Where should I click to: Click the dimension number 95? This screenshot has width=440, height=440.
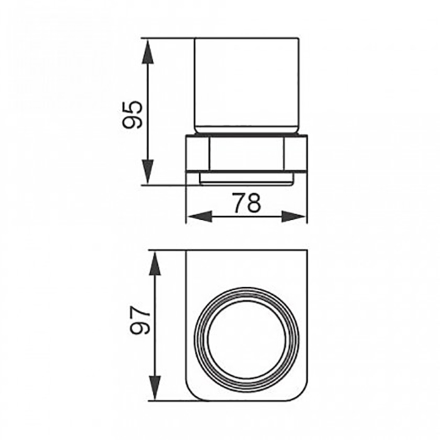pyautogui.click(x=133, y=115)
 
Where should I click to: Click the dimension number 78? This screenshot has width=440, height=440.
pyautogui.click(x=247, y=202)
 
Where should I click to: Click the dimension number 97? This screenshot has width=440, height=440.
pyautogui.click(x=141, y=321)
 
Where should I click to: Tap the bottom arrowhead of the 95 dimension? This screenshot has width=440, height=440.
pyautogui.click(x=148, y=172)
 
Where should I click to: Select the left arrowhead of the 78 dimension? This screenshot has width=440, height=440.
pyautogui.click(x=199, y=217)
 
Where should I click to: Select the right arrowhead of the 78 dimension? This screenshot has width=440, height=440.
pyautogui.click(x=294, y=217)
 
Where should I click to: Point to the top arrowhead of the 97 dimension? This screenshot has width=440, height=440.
pyautogui.click(x=155, y=263)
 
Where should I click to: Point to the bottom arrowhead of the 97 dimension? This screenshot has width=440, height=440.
pyautogui.click(x=155, y=388)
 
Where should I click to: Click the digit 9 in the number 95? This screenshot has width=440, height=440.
pyautogui.click(x=133, y=122)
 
